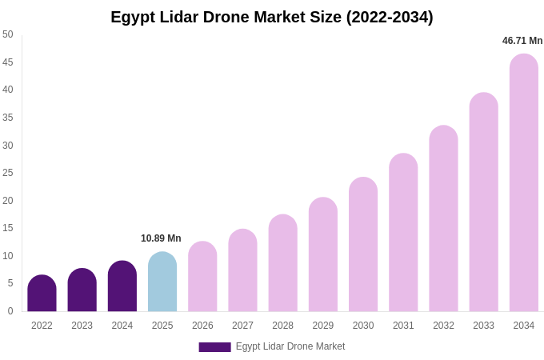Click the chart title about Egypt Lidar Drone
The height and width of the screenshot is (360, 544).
point(272,17)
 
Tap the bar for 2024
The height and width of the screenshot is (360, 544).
point(122,287)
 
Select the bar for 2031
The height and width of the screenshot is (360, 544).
point(403,234)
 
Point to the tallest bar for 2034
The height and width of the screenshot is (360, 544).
point(523,184)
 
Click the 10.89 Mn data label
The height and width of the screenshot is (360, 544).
point(161,238)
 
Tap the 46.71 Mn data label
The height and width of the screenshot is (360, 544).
point(522,41)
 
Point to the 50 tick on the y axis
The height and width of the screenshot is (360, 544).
point(8,34)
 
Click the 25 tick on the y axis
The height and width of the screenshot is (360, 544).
point(8,173)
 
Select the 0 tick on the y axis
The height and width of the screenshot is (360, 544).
point(10,311)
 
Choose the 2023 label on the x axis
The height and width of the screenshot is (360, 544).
point(82,326)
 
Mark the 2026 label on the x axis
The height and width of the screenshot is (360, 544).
point(202,326)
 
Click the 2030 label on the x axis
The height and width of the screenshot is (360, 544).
point(362,326)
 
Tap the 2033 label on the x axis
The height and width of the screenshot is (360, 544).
point(483,326)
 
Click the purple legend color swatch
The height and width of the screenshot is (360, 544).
point(214,347)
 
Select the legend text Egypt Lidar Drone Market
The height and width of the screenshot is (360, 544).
point(290,346)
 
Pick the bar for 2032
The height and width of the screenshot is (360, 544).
point(443,219)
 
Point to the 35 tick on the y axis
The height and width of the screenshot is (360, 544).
point(8,118)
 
